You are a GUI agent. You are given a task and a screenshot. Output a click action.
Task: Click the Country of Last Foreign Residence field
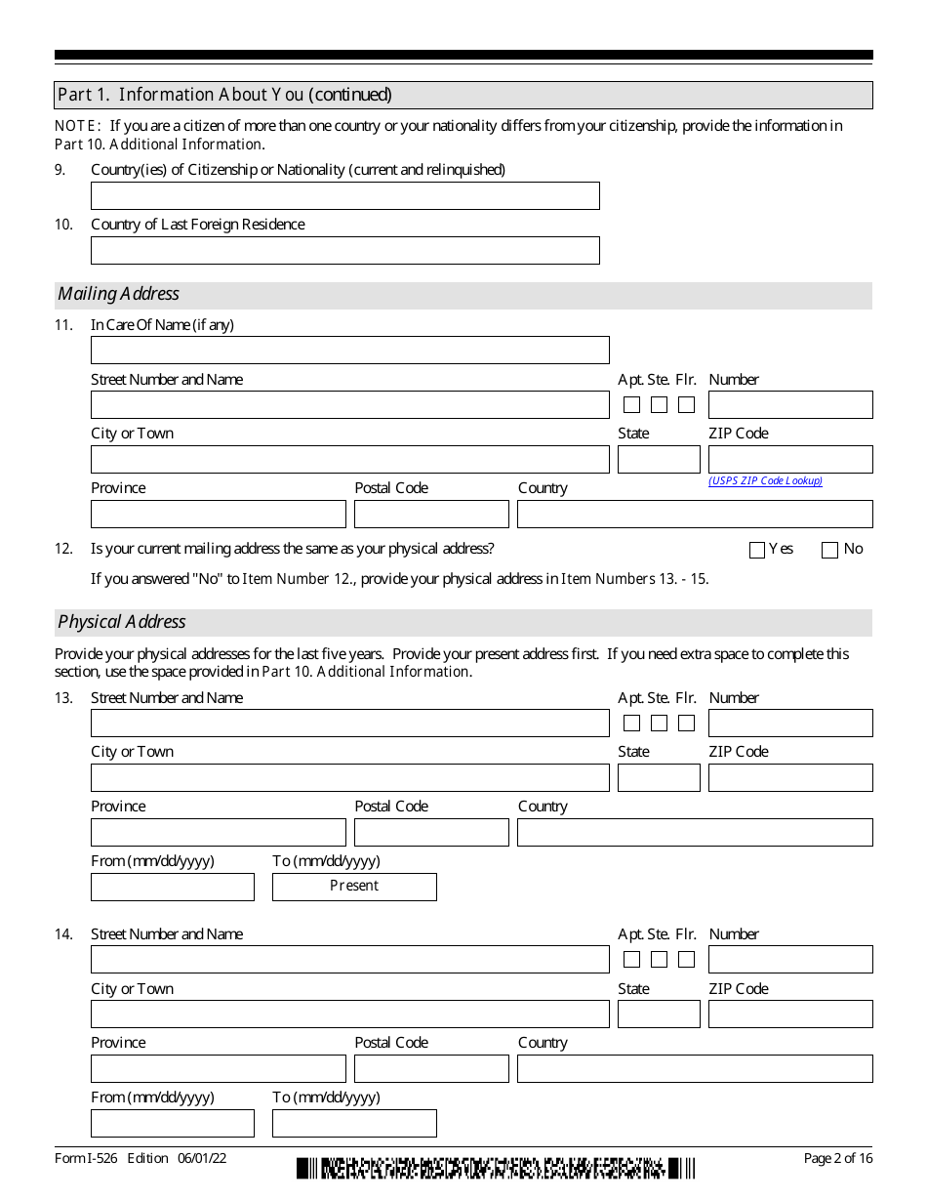344,251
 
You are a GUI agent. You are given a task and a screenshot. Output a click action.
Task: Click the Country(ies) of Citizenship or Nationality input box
344,196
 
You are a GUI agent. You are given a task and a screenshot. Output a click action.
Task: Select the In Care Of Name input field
349,351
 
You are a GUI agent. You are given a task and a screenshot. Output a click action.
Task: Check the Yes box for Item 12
757,551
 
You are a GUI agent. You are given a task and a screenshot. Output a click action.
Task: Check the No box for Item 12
829,551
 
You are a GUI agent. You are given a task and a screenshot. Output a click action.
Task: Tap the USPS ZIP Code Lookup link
765,480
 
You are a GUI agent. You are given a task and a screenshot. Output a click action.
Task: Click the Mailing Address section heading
119,294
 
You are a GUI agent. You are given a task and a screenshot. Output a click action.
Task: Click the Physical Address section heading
122,622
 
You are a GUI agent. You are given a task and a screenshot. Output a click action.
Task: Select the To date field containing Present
354,887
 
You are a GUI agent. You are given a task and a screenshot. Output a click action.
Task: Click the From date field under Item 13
172,887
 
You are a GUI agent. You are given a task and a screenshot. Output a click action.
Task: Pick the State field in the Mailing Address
659,460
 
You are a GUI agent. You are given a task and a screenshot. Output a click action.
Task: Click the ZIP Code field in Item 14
790,1015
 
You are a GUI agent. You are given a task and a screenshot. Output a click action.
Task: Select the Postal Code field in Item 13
431,833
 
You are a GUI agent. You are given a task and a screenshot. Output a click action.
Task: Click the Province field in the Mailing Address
218,515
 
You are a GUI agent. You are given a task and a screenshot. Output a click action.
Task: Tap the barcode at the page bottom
496,1168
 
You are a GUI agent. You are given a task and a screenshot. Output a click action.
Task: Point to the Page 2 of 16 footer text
837,1158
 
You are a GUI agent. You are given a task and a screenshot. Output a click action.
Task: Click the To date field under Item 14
354,1124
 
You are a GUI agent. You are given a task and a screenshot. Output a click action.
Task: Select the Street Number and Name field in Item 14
349,960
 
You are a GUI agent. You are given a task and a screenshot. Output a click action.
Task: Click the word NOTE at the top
76,126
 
